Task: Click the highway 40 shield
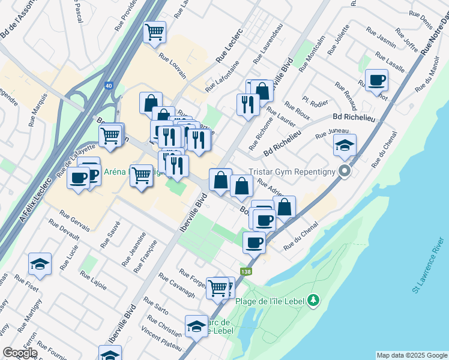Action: (108, 86)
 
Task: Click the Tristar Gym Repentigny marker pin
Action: (345, 171)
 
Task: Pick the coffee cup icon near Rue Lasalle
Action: (376, 80)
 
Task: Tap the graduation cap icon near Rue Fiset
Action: (40, 263)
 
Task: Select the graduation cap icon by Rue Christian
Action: (196, 326)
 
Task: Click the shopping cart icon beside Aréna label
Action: (142, 176)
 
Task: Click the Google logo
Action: (20, 353)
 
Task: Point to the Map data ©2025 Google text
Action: (411, 355)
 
